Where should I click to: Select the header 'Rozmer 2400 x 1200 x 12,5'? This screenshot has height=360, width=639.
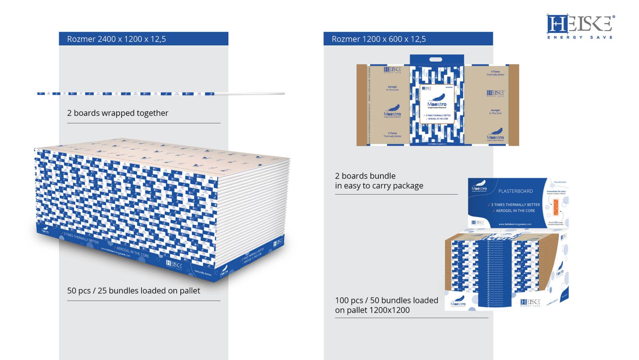coord(116,39)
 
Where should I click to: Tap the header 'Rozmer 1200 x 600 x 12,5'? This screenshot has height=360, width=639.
coord(379,39)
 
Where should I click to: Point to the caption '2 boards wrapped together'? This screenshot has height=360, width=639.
coord(117,113)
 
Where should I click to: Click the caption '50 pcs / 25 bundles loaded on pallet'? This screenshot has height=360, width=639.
coord(133,291)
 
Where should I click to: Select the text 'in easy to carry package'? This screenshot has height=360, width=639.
coord(379,186)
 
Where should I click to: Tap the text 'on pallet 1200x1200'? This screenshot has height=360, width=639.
coord(372,310)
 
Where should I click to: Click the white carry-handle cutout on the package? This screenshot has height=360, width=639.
coord(436,60)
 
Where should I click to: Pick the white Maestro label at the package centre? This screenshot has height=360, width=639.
coord(437,104)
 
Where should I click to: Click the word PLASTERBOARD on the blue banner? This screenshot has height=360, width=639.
coord(515,191)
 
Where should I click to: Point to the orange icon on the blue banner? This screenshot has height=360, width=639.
coord(555,207)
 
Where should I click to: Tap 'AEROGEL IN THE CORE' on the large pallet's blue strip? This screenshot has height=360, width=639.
coord(132,252)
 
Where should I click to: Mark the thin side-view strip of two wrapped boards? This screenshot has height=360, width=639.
coord(160,94)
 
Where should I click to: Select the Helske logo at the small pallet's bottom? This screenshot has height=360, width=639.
coord(530,302)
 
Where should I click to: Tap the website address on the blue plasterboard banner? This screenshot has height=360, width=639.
coord(515,224)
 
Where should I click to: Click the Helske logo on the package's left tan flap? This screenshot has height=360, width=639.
coord(392,70)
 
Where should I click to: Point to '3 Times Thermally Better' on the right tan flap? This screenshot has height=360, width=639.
coord(495,73)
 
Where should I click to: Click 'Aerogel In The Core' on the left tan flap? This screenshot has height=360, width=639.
coord(392,88)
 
